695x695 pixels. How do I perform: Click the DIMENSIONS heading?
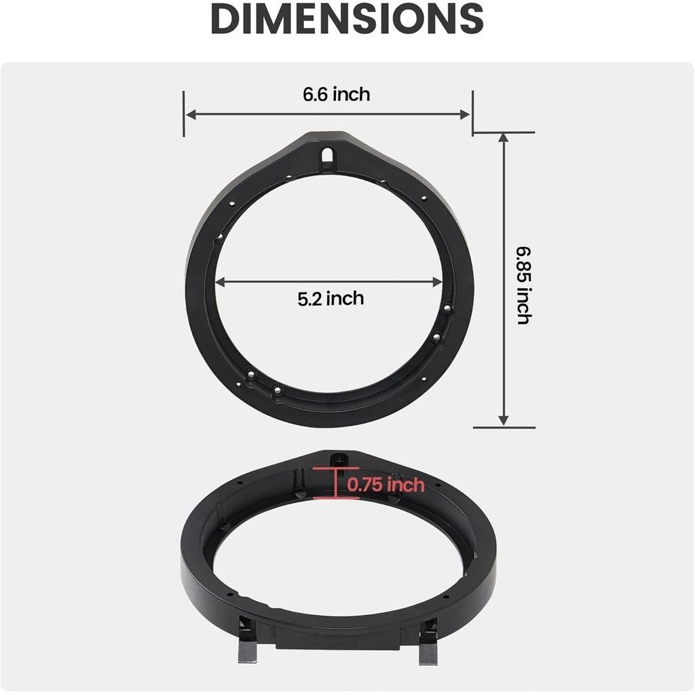(347, 19)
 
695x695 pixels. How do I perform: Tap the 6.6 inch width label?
(337, 94)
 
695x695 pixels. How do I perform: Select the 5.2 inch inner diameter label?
(331, 298)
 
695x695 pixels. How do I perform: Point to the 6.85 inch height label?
(523, 285)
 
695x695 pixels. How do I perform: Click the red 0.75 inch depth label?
(386, 485)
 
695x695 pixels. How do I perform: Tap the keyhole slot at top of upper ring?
(328, 154)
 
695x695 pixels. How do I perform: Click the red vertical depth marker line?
(336, 483)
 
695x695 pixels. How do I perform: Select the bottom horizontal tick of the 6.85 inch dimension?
(504, 428)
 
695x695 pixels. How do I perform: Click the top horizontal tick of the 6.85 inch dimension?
(504, 133)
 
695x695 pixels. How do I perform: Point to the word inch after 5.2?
(345, 298)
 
